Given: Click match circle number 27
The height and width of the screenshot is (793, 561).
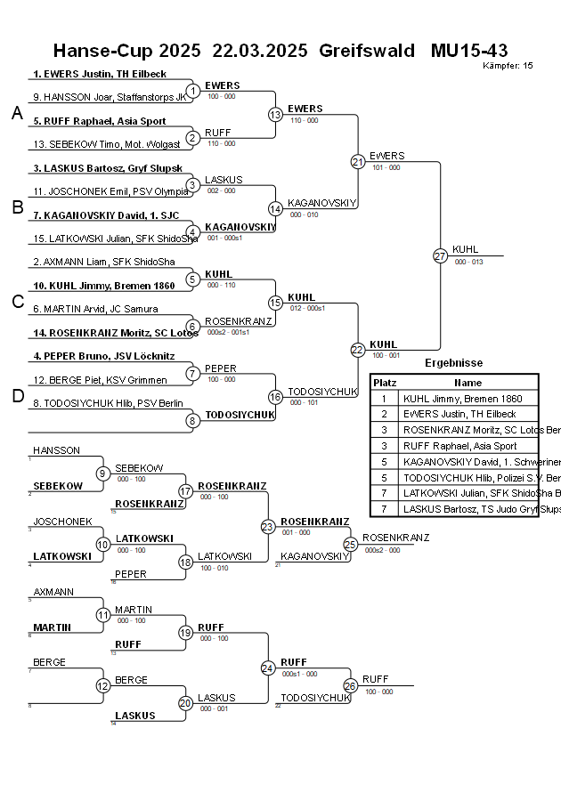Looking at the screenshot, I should [440, 255].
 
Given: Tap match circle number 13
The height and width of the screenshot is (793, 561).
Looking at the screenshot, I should [275, 114].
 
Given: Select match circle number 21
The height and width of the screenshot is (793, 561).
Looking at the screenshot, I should [357, 161].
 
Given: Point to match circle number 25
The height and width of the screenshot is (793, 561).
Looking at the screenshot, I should [350, 543].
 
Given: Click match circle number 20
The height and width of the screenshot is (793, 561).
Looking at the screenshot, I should [185, 703].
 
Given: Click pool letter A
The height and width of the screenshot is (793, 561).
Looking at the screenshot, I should [16, 113].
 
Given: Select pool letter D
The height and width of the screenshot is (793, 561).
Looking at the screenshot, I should [16, 396].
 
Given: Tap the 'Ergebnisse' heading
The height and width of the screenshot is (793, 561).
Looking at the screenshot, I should [453, 363].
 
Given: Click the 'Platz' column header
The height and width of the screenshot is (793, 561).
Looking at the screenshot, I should [385, 382].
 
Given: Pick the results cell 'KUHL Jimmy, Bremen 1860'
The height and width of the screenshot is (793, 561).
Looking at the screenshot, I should [460, 399].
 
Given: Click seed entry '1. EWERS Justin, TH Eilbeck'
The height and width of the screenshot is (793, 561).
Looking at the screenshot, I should [100, 74].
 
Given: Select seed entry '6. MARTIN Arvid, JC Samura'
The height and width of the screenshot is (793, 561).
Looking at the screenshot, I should [95, 309].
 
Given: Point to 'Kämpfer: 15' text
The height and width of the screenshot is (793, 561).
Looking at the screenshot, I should [508, 65].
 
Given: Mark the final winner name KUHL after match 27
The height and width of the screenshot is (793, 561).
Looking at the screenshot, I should [465, 249].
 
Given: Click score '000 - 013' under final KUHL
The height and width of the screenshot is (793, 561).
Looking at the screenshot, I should [468, 262].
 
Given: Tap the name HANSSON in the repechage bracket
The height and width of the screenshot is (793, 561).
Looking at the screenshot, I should [56, 450].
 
